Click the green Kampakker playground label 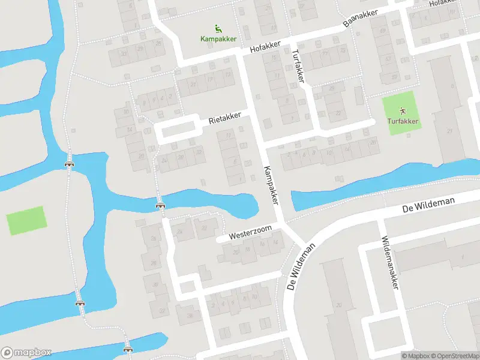pyautogui.click(x=218, y=39)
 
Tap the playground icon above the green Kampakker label pyautogui.click(x=218, y=28)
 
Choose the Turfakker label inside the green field pyautogui.click(x=403, y=122)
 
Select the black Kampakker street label pyautogui.click(x=271, y=186)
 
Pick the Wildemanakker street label pyautogui.click(x=390, y=262)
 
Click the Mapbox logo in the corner pyautogui.click(x=26, y=352)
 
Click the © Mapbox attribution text pyautogui.click(x=416, y=356)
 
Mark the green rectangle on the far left pyautogui.click(x=26, y=221)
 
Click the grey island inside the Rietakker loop pyautogui.click(x=179, y=128)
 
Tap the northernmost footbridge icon pyautogui.click(x=70, y=162)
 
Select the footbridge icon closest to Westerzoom pyautogui.click(x=160, y=205)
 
